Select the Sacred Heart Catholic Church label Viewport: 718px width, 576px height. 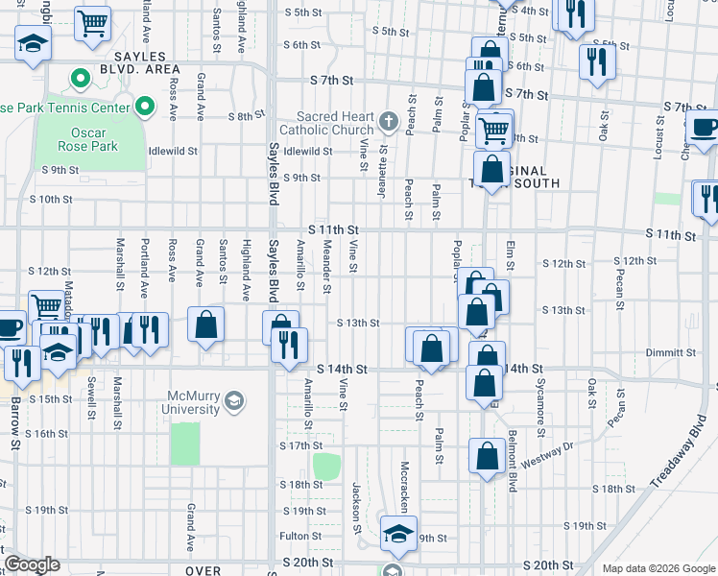tap(327, 123)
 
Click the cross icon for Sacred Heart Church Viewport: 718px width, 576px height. tap(388, 121)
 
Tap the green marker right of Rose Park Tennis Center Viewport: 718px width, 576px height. tap(145, 106)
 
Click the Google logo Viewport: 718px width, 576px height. tap(32, 564)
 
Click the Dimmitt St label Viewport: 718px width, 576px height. tap(671, 352)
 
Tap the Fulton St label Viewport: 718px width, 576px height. tap(300, 536)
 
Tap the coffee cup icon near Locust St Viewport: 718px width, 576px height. tap(703, 128)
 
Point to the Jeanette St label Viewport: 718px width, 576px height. tap(382, 165)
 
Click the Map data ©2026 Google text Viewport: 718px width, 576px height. tap(658, 567)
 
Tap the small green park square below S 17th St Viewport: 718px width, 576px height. tap(326, 467)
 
